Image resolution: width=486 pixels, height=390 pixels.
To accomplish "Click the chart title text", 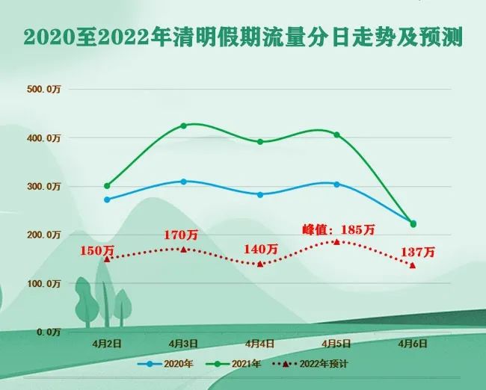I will [x=243, y=37].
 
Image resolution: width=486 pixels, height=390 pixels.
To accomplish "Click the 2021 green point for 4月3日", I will [x=183, y=126].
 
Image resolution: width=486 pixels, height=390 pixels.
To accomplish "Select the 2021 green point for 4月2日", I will [x=107, y=185].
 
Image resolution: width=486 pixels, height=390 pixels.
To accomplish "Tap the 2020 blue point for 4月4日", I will [x=260, y=194].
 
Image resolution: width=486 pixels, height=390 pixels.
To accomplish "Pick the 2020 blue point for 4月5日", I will [x=336, y=184].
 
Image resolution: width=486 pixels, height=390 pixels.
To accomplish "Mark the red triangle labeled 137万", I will [x=413, y=265].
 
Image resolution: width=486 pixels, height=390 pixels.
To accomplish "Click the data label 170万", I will [x=181, y=235].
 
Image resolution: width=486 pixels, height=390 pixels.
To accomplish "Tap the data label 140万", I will [x=261, y=249].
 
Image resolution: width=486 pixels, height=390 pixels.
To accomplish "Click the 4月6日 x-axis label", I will [x=413, y=344].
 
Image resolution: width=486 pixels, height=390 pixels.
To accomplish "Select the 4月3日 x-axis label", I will [x=183, y=344].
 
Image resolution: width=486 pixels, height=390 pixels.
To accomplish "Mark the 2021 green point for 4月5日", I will [x=336, y=134].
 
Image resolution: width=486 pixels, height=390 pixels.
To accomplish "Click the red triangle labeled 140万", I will [x=260, y=264].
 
